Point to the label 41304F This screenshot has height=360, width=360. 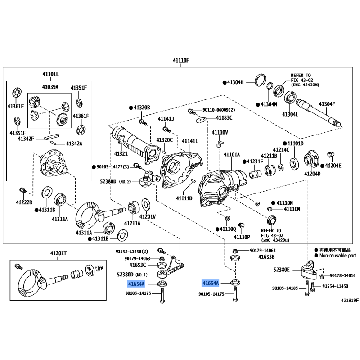pos(328,104)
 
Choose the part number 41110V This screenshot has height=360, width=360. pos(220,132)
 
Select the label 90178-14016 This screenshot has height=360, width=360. pos(342,275)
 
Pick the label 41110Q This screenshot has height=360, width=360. pos(228,229)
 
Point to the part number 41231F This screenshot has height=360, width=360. pos(254,161)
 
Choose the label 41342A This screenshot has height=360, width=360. pos(75,144)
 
